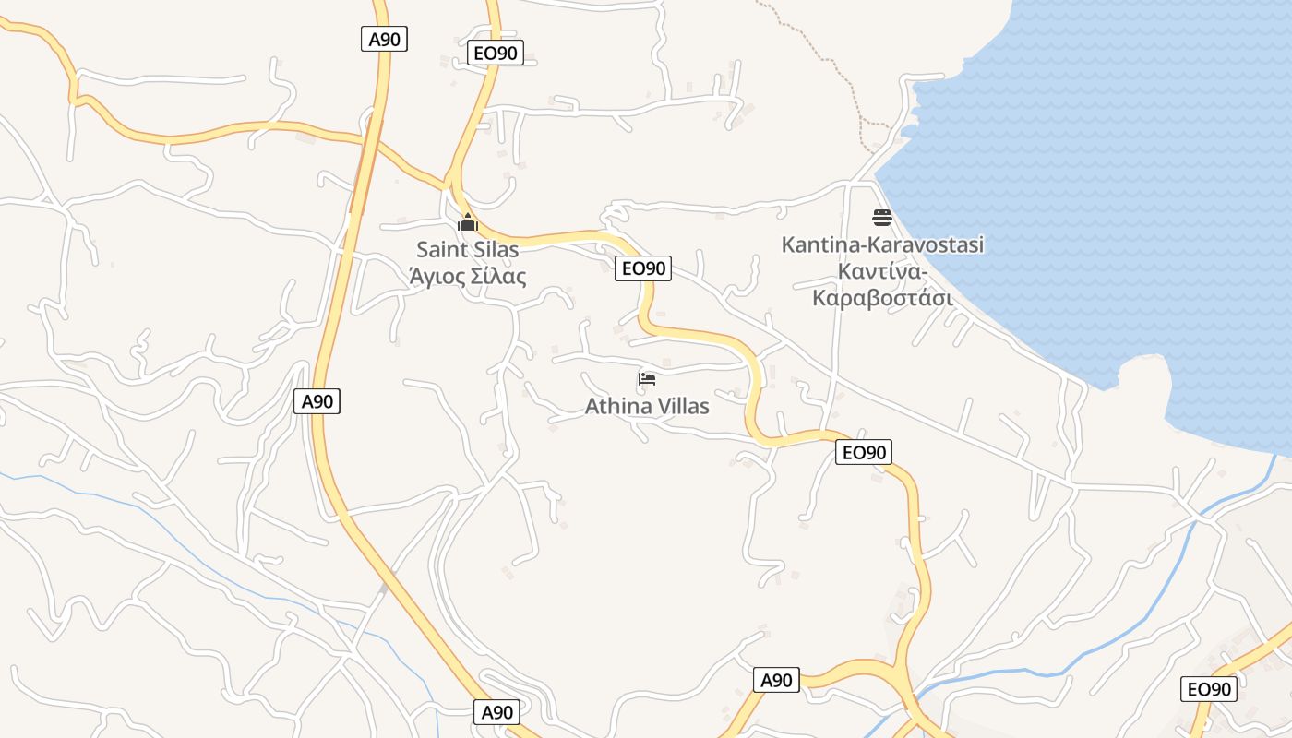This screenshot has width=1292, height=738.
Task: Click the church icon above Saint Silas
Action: point(468,222)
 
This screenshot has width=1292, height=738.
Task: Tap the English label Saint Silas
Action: point(468,249)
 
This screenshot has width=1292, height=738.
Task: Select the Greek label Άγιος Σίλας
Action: point(468,276)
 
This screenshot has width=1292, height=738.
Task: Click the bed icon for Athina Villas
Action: point(647,379)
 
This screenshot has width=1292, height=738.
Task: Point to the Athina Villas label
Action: point(647,406)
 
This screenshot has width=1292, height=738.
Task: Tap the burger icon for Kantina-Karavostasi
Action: point(882,218)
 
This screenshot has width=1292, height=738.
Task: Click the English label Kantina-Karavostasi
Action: point(882,244)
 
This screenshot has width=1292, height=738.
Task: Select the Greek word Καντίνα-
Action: point(882,271)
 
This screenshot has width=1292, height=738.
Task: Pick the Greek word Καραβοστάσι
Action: point(882,298)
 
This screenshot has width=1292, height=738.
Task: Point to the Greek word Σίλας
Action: point(499,276)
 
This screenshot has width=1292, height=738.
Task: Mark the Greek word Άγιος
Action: point(437,276)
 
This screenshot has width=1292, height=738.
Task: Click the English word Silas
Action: point(496,249)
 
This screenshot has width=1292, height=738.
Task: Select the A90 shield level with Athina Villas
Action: point(317,401)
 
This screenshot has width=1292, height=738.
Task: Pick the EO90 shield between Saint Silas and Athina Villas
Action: point(643,268)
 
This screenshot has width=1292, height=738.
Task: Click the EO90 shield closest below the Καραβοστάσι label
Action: point(865,452)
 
